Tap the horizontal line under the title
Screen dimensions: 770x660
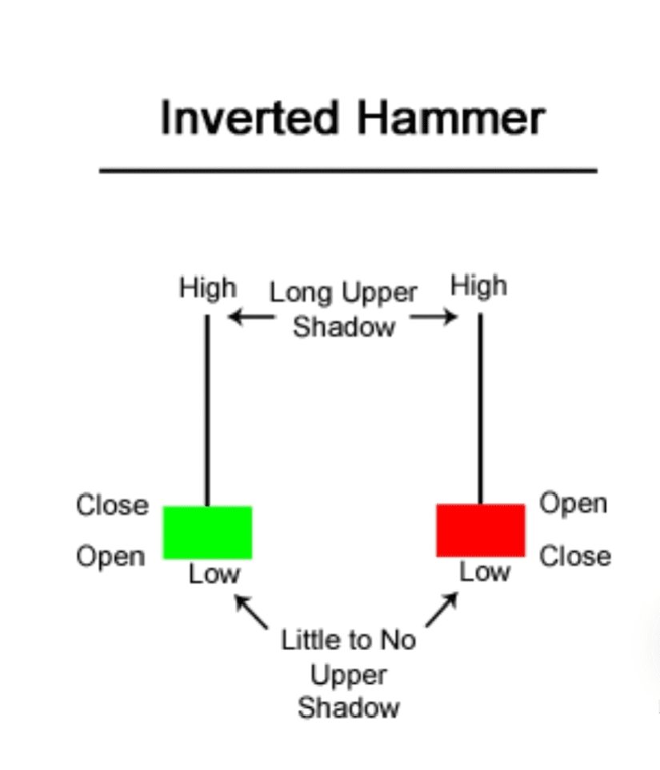[x=348, y=170]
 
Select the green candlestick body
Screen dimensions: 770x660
[x=207, y=532]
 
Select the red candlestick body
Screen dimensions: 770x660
[x=480, y=530]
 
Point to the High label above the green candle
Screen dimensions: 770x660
[x=207, y=288]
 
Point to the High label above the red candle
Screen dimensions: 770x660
[x=478, y=285]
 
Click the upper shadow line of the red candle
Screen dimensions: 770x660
[x=480, y=408]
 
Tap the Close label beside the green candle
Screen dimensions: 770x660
[x=112, y=505]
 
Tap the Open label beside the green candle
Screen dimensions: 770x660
[x=110, y=557]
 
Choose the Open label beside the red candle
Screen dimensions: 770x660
[x=573, y=504]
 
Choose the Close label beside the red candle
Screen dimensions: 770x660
[x=574, y=557]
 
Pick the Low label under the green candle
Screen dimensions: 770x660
[x=214, y=573]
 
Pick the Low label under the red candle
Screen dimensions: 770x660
[x=485, y=572]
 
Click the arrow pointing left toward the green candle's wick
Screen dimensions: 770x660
[x=244, y=317]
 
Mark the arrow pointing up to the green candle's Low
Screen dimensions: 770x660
[x=250, y=612]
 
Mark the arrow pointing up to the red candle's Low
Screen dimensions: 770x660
[x=442, y=609]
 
